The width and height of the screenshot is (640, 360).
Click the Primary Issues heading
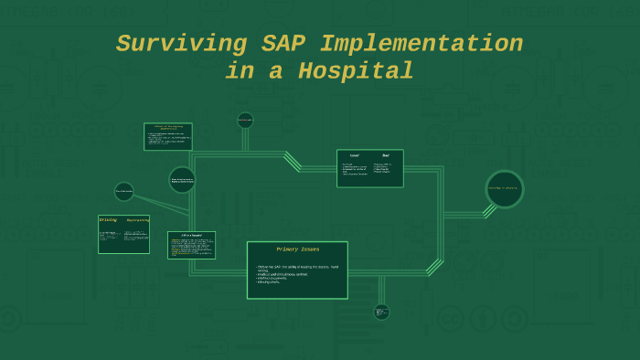[x=297, y=249]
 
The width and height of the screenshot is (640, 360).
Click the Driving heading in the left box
[x=108, y=220]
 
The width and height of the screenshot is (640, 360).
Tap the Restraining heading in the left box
[x=137, y=221]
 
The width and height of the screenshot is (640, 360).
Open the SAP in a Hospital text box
[x=191, y=245]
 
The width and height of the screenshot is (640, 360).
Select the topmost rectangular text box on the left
[x=167, y=136]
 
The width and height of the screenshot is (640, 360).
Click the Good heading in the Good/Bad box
[x=355, y=155]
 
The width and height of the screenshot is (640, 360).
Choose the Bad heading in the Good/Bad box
[x=386, y=155]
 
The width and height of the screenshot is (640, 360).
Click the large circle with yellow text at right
[x=505, y=189]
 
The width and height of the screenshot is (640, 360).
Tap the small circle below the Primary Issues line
[x=381, y=312]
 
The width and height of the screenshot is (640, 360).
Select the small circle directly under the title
[x=245, y=120]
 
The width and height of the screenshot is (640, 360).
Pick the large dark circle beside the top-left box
[x=182, y=180]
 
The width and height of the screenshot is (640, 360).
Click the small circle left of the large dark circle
[x=124, y=191]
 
